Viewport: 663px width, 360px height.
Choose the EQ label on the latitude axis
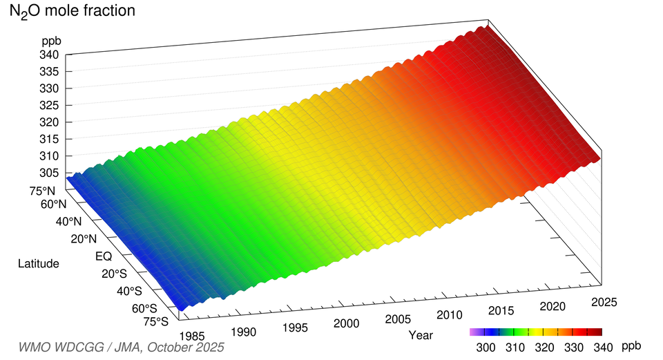[103, 256]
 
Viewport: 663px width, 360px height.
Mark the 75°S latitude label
[156, 321]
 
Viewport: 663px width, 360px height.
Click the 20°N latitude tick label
[82, 238]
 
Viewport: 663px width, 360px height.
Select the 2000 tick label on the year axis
[346, 323]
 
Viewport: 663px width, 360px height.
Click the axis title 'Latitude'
[39, 263]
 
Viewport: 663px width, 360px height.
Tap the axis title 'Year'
[421, 335]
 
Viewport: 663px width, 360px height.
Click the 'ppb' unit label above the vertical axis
[52, 40]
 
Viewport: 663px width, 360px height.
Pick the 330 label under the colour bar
[570, 345]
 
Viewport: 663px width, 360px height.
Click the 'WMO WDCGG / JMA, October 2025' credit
[122, 347]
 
